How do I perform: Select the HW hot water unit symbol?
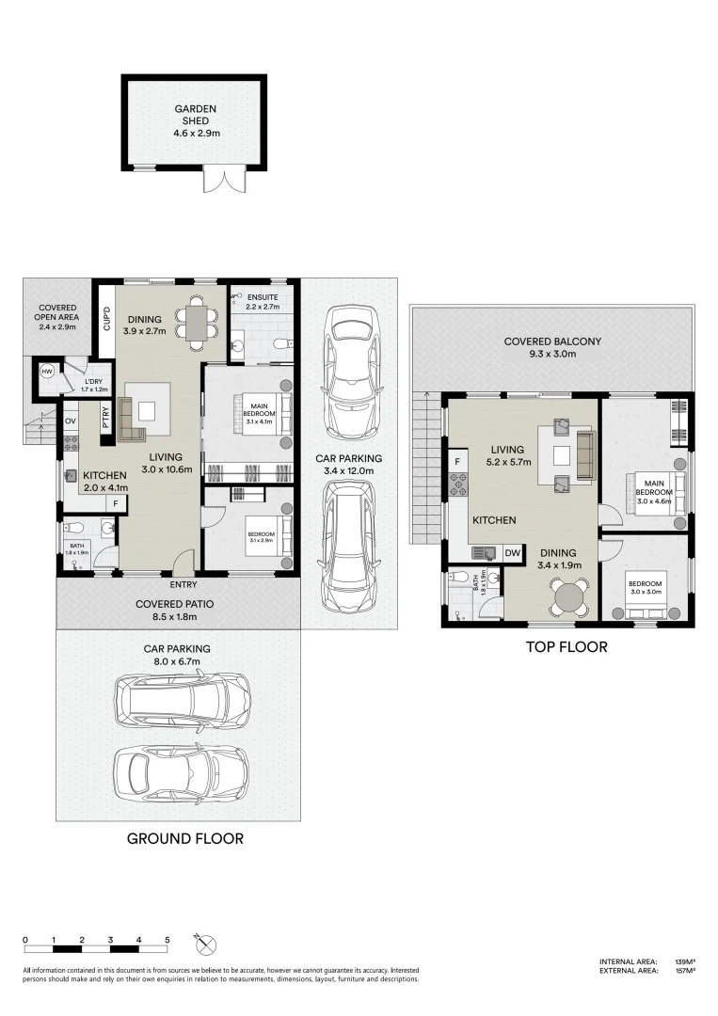click(x=46, y=373)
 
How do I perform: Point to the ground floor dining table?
click(x=197, y=319)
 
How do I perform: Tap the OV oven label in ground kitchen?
click(x=71, y=421)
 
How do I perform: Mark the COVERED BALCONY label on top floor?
click(x=551, y=347)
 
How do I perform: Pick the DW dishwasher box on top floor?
click(x=512, y=553)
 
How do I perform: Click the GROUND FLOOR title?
click(x=184, y=838)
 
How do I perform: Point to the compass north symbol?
click(x=207, y=943)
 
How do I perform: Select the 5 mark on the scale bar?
click(x=168, y=940)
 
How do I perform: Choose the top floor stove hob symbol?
click(x=458, y=486)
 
